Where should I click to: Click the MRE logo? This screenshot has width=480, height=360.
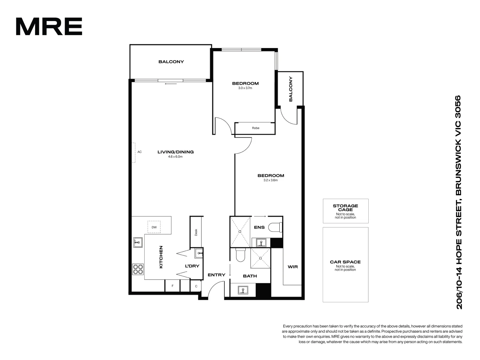[x=49, y=27]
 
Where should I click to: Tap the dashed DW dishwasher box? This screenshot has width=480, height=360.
[x=154, y=227]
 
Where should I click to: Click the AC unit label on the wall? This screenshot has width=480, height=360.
[x=139, y=152]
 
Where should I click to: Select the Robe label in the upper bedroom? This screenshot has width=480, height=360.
[x=256, y=128]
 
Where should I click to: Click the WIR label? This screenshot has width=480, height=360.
[x=293, y=267]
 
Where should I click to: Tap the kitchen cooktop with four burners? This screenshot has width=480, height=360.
[x=138, y=269]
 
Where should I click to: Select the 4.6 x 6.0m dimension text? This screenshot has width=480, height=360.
[x=175, y=156]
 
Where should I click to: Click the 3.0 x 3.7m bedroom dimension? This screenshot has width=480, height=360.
[x=245, y=88]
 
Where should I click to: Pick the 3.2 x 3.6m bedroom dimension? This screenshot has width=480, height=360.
[x=270, y=180]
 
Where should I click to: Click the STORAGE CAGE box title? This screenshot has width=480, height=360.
[x=345, y=208]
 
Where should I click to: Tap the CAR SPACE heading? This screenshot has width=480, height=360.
[x=345, y=262]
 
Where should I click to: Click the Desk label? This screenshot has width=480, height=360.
[x=196, y=232]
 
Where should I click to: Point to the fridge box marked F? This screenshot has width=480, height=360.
[x=172, y=286]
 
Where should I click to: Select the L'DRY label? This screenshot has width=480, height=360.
[x=192, y=266]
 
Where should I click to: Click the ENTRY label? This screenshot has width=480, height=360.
[x=216, y=275]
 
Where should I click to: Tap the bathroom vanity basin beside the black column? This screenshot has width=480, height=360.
[x=243, y=290]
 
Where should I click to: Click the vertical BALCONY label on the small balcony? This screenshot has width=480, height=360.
[x=291, y=89]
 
